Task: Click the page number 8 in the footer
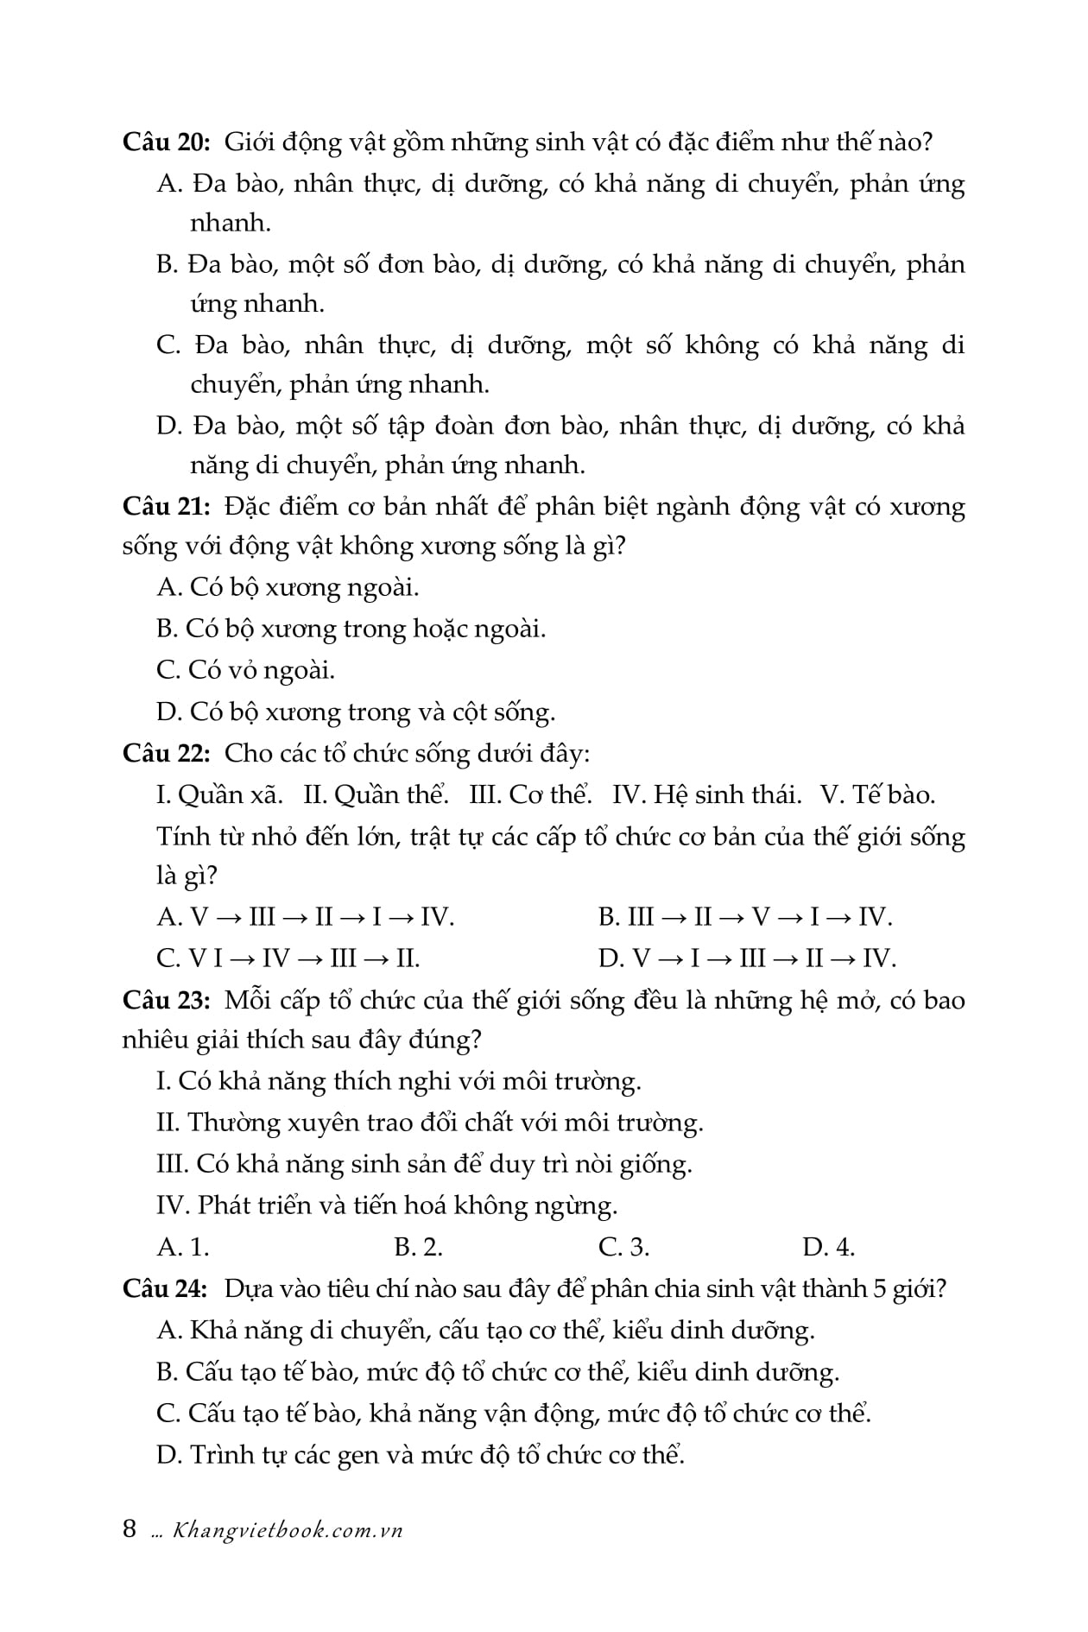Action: [130, 1529]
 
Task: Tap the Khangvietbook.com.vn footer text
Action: [288, 1530]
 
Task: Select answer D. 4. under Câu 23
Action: [828, 1247]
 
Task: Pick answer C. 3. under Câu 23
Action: [623, 1247]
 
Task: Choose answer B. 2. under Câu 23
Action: [418, 1247]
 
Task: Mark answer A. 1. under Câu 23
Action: [183, 1247]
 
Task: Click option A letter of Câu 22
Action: [168, 916]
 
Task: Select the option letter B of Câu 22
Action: [608, 916]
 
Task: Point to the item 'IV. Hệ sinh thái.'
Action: [707, 794]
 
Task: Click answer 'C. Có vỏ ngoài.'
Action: [246, 670]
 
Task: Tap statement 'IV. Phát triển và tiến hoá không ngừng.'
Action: [387, 1205]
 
